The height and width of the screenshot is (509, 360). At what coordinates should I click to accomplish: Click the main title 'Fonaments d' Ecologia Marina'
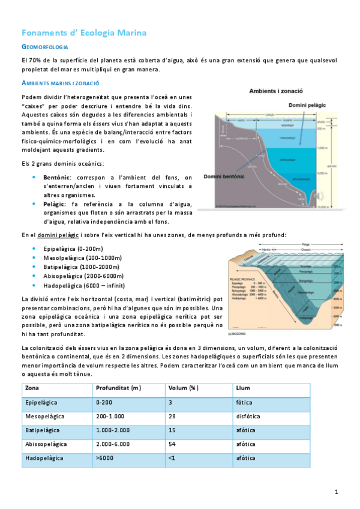[x=83, y=32]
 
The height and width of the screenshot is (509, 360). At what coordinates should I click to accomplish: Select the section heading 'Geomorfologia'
[x=46, y=47]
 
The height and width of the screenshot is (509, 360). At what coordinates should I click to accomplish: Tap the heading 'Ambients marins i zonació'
[x=60, y=83]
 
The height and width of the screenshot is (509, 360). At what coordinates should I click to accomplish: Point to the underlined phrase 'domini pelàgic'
[x=59, y=235]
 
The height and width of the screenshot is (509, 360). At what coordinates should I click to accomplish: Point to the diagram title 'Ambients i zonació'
[x=275, y=91]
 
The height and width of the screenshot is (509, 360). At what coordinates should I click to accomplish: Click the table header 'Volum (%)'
[x=183, y=388]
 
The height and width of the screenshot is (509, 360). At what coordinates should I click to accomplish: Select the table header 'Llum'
[x=243, y=388]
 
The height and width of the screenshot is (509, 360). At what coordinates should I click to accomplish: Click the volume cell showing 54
[x=172, y=445]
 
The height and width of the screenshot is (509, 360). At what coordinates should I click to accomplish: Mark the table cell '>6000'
[x=105, y=459]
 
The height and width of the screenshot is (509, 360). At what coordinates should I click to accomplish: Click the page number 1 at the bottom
[x=337, y=492]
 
